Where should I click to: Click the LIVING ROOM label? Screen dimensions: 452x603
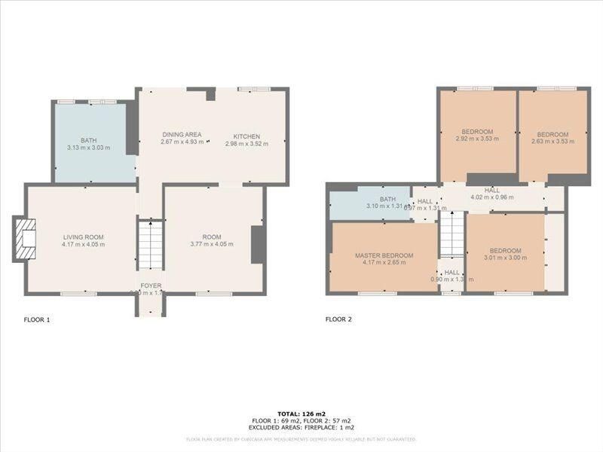84,237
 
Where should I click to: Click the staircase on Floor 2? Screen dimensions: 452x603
452,234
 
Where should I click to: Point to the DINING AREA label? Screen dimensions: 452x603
182,135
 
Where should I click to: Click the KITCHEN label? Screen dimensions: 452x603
246,136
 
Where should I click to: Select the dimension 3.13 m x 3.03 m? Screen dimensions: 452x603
88,147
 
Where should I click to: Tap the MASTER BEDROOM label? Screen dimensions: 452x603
384,255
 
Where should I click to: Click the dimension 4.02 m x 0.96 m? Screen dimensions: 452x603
491,197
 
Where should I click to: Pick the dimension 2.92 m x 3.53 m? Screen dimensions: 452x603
477,139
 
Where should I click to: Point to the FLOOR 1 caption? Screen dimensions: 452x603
37,319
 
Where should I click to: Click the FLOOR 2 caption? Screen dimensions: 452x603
338,319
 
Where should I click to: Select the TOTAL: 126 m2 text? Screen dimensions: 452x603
301,414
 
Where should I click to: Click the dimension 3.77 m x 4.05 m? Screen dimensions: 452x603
212,243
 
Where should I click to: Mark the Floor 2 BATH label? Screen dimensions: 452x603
387,199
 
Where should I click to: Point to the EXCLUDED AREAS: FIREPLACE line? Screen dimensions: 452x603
301,427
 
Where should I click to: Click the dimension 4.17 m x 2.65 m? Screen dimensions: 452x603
384,262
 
